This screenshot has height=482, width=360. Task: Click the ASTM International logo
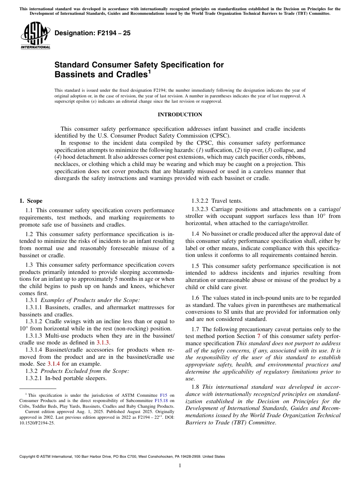[35, 35]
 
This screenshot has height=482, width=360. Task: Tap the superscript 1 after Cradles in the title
[149, 72]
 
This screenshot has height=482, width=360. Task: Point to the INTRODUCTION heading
[180, 114]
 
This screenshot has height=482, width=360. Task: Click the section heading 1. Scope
[31, 201]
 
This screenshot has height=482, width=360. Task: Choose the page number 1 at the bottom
[180, 466]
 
